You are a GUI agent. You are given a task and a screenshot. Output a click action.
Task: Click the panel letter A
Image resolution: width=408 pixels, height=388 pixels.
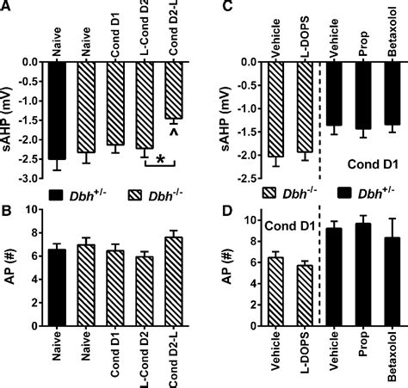click(7, 8)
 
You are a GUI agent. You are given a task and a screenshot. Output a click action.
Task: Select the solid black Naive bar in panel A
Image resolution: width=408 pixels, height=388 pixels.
click(58, 110)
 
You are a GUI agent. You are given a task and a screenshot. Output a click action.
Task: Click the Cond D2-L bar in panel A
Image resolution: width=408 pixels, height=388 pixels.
click(173, 90)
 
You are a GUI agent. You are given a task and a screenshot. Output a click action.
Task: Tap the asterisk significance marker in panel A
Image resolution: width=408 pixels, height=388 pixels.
click(158, 160)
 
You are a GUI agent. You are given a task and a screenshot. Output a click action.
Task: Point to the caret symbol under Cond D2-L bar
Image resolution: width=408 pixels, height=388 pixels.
click(174, 132)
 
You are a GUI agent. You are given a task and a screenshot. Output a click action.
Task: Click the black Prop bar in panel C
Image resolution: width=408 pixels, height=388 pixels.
click(362, 95)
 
